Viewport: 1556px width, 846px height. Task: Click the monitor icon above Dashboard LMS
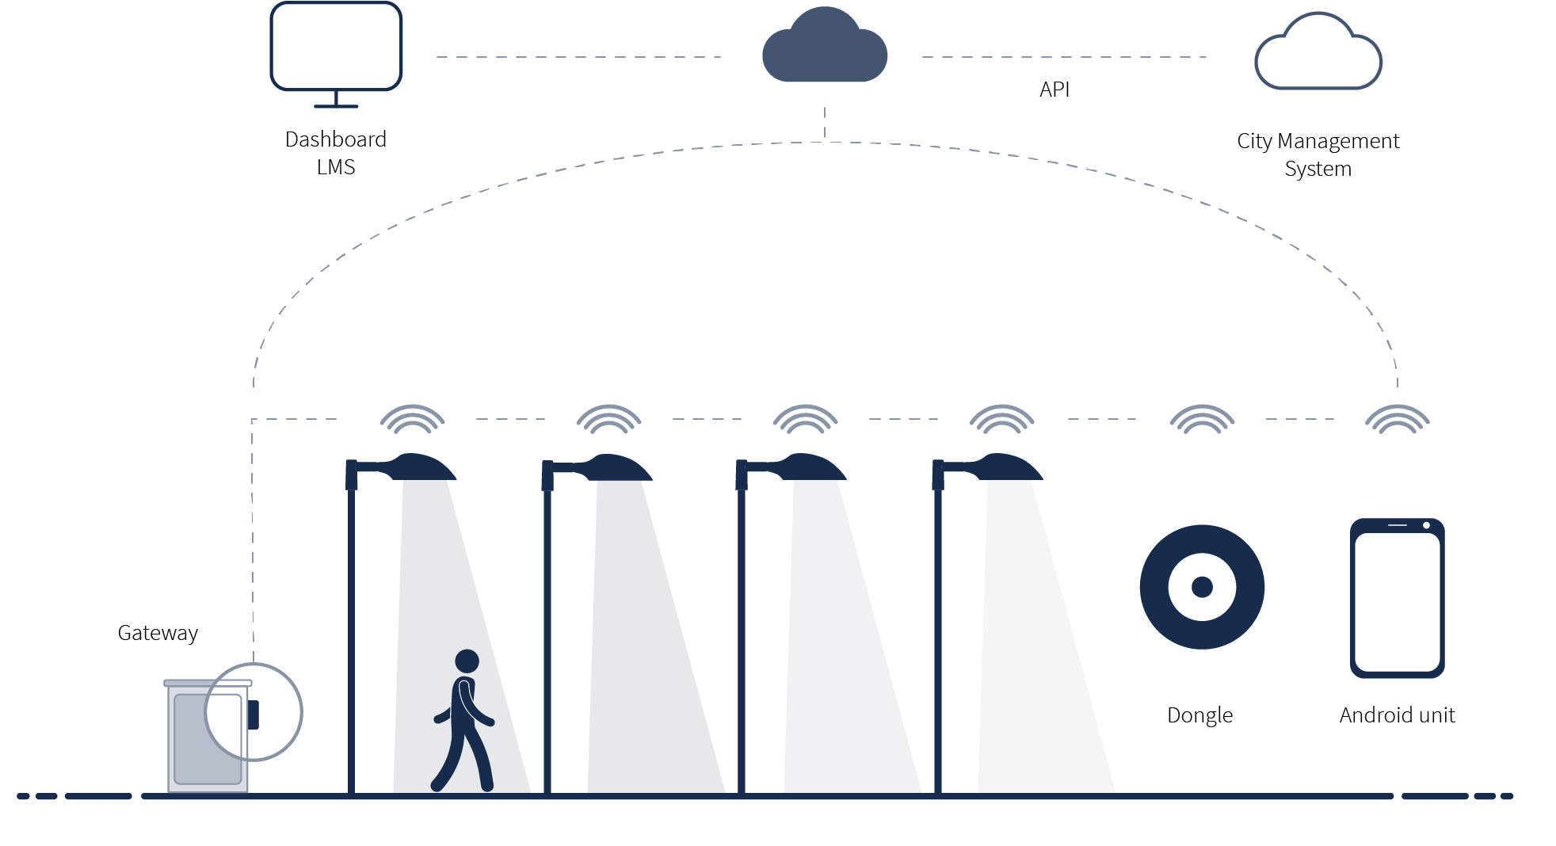click(x=336, y=48)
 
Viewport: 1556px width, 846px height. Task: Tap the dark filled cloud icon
click(x=824, y=49)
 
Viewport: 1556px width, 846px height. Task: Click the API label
click(x=1054, y=90)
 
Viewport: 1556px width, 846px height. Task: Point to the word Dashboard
click(x=336, y=139)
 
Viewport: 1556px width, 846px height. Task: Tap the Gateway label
click(x=158, y=633)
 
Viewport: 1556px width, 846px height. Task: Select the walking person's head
click(x=467, y=661)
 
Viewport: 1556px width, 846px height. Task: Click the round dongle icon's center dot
click(x=1202, y=587)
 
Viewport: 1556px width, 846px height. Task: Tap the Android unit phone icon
click(x=1397, y=599)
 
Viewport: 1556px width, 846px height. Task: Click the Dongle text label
click(x=1199, y=715)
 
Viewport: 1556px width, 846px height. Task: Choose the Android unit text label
click(x=1397, y=715)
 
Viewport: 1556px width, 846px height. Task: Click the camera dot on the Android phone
click(x=1426, y=525)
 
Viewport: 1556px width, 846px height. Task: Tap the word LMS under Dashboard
click(x=336, y=167)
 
